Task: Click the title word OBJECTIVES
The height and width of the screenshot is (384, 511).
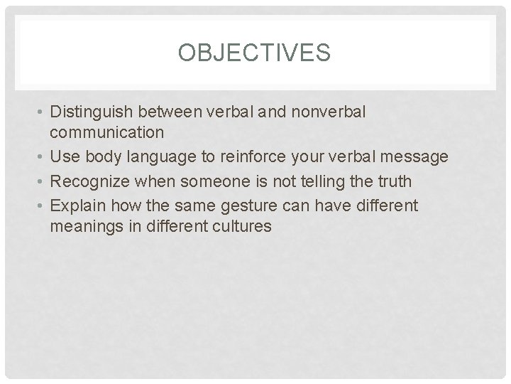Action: point(255,53)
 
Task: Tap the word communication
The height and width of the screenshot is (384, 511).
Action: point(107,132)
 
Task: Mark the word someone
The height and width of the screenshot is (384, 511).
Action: point(209,182)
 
